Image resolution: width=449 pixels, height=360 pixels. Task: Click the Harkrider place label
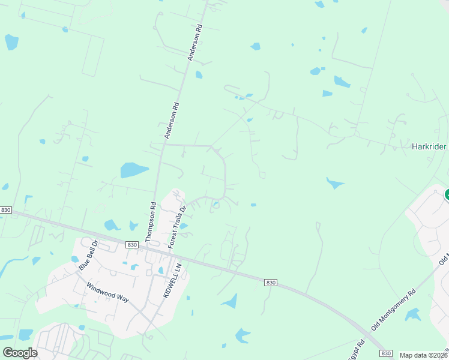coord(429,146)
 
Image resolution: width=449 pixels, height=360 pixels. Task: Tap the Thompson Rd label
coord(151,222)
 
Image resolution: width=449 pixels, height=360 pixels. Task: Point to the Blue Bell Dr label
coord(88,257)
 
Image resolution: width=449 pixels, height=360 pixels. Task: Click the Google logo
coord(20,353)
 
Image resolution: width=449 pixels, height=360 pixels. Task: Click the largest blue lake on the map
coord(133,170)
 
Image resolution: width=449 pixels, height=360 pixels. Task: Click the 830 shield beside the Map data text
coord(386,354)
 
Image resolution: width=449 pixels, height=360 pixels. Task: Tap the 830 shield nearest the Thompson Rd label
coord(133,245)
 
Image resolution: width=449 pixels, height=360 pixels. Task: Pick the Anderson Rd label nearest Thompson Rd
coord(172,121)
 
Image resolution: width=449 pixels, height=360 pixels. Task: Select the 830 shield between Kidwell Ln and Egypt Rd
coord(271,282)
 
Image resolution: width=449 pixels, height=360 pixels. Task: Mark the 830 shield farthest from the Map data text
coord(6,210)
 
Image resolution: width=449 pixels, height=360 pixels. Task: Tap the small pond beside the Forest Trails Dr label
coord(184,226)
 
